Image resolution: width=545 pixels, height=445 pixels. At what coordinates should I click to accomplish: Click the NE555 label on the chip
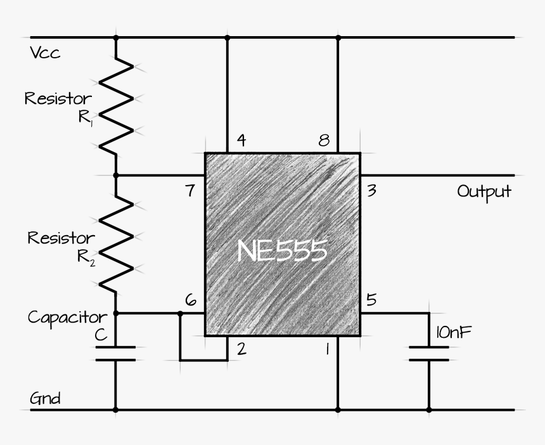[x=282, y=251]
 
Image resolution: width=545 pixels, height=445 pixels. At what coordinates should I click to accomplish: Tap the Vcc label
[x=45, y=53]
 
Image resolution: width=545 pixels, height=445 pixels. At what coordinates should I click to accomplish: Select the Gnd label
[x=46, y=399]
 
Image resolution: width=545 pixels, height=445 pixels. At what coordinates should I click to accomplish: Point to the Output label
[x=484, y=191]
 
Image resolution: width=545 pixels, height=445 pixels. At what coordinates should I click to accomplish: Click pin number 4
[x=241, y=140]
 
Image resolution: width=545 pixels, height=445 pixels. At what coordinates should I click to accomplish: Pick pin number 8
[x=324, y=140]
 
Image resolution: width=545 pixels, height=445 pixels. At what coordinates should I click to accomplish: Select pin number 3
[x=372, y=190]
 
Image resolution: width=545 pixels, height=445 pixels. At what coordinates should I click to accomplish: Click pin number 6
[x=189, y=300]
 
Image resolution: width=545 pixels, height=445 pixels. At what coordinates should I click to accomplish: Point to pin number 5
[x=372, y=299]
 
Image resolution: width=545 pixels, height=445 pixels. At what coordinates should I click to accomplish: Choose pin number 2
[x=241, y=347]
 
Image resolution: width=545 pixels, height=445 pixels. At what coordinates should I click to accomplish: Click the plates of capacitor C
[x=115, y=354]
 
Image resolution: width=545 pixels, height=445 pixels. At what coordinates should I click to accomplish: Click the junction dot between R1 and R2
[x=115, y=175]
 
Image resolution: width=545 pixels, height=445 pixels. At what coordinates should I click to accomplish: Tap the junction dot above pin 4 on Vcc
[x=227, y=37]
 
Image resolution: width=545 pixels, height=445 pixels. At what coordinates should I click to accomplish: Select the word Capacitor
[x=67, y=317]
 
